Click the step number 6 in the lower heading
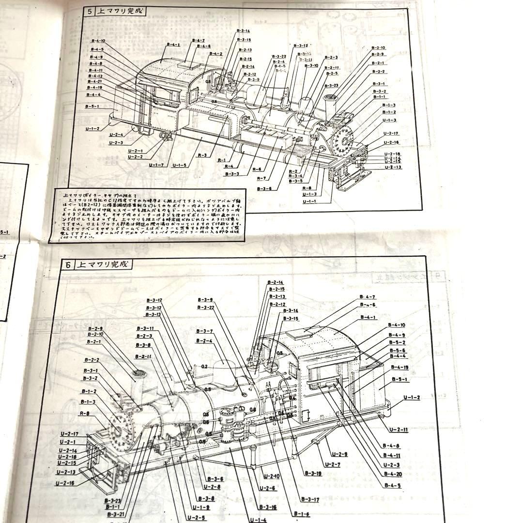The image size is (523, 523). click(x=68, y=265)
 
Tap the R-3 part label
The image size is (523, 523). click(x=202, y=155)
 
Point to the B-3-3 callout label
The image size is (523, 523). click(x=231, y=173)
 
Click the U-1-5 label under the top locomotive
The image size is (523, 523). click(x=179, y=165)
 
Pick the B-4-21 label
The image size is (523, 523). click(x=95, y=81)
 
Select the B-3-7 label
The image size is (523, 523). click(x=204, y=331)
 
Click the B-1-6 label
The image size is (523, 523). click(x=300, y=514)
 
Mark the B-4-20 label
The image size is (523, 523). click(x=391, y=474)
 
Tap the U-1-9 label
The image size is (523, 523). click(x=200, y=508)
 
